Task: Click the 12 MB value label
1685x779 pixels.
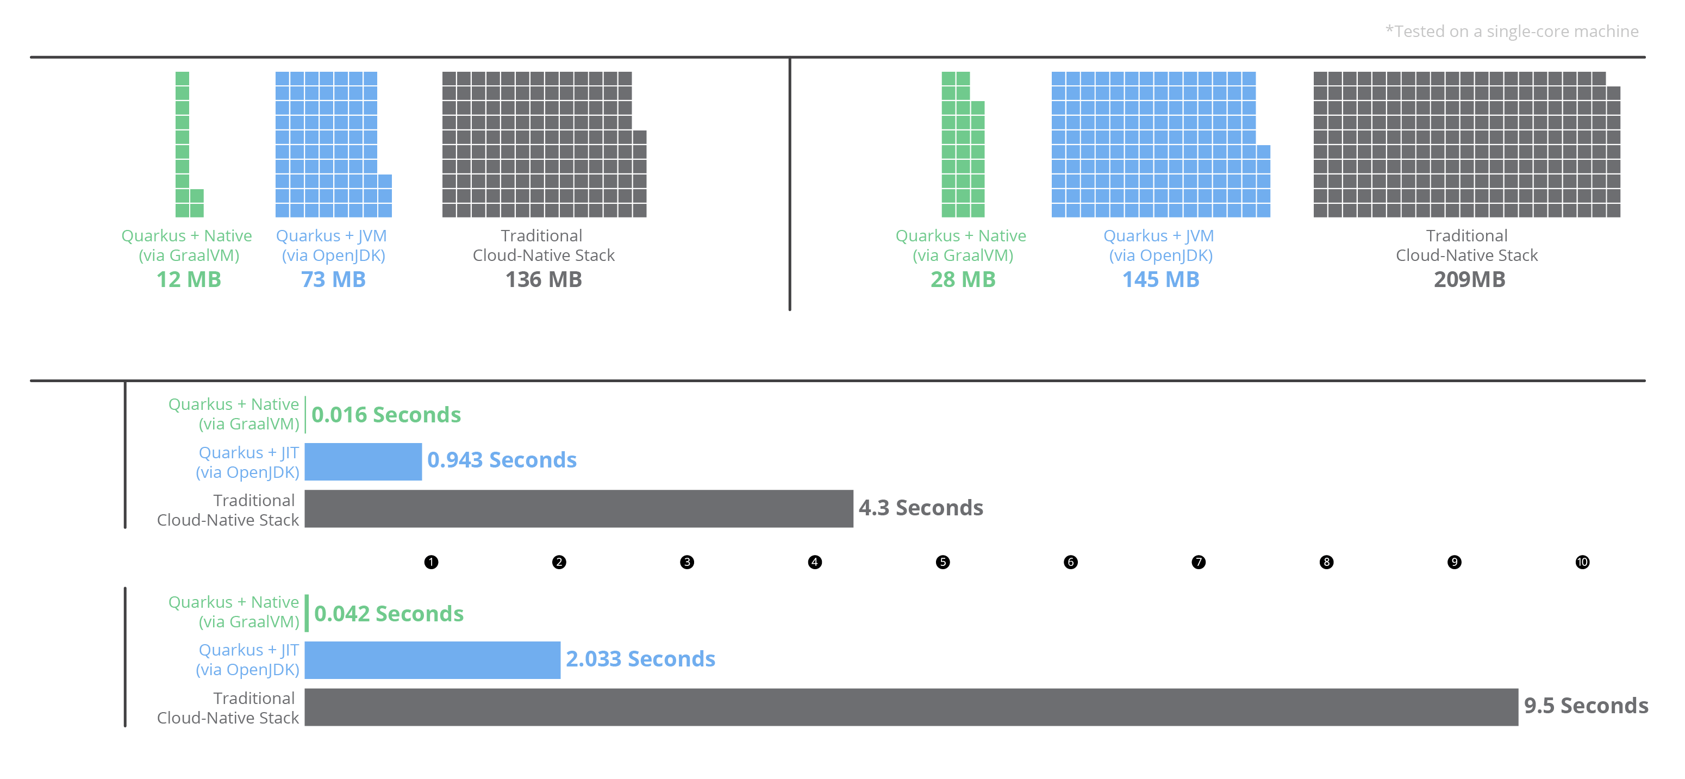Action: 189,279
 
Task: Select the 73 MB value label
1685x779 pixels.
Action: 333,279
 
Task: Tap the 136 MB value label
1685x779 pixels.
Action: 544,279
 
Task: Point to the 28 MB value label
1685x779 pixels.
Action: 963,279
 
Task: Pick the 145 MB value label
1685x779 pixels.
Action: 1161,279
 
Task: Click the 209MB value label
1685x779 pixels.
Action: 1470,279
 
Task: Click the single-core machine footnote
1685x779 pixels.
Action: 1512,32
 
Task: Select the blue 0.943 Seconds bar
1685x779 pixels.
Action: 363,462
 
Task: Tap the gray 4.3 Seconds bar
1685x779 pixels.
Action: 579,509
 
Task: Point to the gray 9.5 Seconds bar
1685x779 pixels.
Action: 911,707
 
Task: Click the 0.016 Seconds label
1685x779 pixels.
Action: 386,415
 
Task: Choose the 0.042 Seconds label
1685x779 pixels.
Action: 389,614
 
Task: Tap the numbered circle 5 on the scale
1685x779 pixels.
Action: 943,562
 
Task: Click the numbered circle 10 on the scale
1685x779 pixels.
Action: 1582,562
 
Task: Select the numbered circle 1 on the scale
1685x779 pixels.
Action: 431,562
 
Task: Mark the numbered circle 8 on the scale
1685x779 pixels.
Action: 1327,562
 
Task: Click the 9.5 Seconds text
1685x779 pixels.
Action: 1586,706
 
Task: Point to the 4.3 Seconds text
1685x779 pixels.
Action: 921,508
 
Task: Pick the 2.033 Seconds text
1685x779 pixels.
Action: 640,659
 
